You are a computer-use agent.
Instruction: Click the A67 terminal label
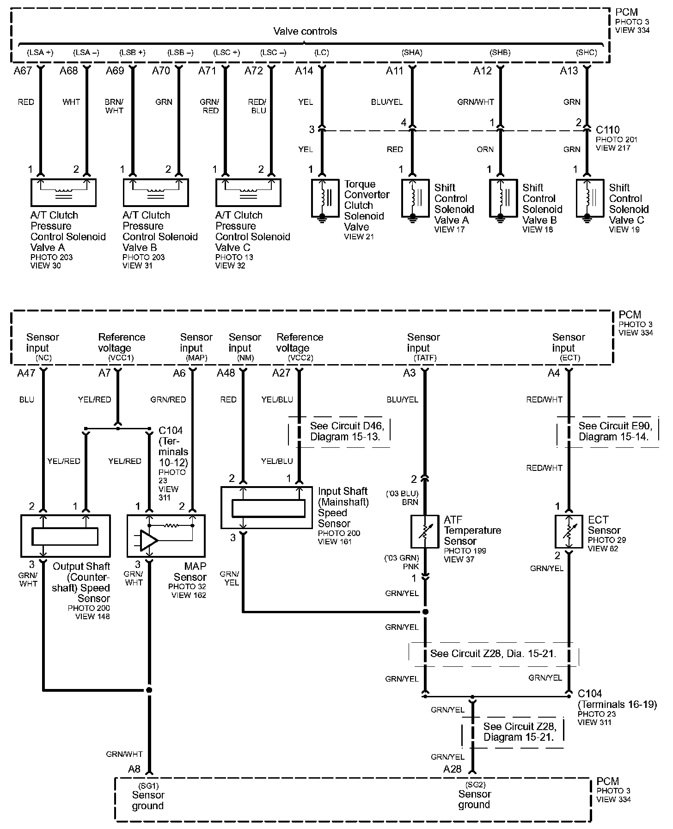(23, 71)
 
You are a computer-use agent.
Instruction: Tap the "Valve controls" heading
(305, 31)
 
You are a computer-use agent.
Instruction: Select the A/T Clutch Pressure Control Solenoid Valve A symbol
(63, 192)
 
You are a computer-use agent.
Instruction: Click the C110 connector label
(607, 130)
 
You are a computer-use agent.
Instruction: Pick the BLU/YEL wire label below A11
(387, 102)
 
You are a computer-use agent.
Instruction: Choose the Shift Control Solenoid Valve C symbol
(590, 198)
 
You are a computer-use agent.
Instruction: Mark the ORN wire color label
(485, 149)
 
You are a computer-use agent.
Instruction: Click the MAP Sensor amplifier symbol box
(166, 536)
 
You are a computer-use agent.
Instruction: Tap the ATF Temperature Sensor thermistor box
(424, 532)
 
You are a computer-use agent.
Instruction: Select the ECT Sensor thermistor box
(569, 532)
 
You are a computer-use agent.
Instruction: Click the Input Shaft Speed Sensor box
(268, 507)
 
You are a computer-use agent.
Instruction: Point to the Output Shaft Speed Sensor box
(65, 536)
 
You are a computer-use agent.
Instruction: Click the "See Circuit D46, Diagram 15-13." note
(346, 431)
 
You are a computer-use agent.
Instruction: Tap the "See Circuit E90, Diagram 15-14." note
(613, 431)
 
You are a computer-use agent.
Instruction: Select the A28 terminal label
(452, 769)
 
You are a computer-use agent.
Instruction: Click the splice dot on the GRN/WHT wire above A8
(149, 690)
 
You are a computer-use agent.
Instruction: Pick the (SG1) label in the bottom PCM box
(148, 785)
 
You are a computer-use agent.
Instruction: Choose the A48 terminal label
(226, 373)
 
